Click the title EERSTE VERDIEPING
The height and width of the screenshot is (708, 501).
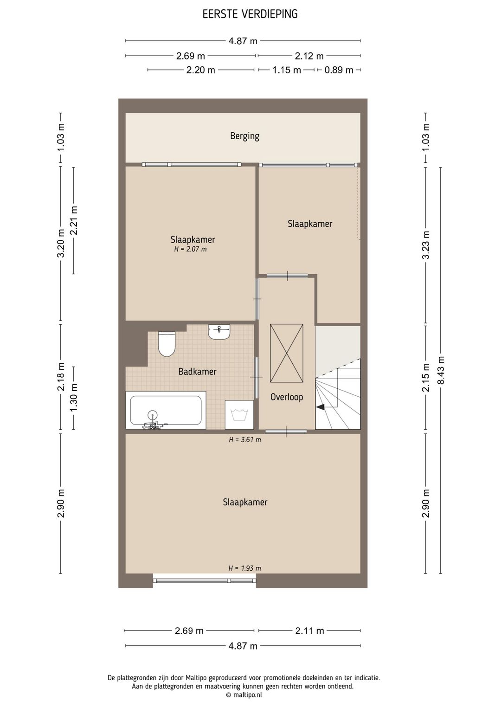[x=250, y=14]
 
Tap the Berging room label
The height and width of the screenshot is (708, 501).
[x=244, y=136]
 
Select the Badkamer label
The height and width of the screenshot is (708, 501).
[x=197, y=371]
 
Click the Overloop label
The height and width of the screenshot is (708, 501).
[x=287, y=397]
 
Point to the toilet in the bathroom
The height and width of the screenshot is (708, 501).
[x=167, y=344]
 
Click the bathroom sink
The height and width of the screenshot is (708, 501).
[x=219, y=333]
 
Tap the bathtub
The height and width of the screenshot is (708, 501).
[x=166, y=411]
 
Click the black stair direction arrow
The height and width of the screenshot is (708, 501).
[x=321, y=407]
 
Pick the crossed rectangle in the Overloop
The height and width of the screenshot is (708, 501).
[x=287, y=353]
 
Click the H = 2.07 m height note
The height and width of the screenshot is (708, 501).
[x=190, y=249]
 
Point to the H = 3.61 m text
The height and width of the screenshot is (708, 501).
[x=245, y=439]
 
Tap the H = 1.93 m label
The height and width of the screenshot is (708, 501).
[x=245, y=568]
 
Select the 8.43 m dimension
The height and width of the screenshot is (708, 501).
[x=441, y=370]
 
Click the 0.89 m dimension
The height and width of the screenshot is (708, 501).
[x=339, y=70]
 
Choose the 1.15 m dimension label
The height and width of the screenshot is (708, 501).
[x=287, y=70]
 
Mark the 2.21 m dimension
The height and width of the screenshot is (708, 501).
[x=74, y=220]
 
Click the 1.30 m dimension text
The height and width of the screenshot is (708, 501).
[x=74, y=398]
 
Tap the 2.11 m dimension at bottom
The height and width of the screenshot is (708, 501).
[x=309, y=631]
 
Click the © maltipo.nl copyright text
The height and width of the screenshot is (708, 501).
[x=244, y=695]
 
